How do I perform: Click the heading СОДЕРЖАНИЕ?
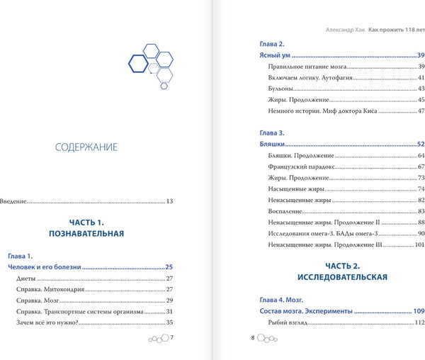coord(86,147)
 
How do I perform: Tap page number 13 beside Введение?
coord(169,201)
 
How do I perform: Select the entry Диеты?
coord(25,279)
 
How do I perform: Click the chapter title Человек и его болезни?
coord(45,267)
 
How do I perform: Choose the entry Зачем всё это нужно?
coord(47,322)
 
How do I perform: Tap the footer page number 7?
coord(171,338)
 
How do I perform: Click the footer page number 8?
coord(252,338)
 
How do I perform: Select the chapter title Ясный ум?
coord(274,55)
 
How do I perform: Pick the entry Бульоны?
coord(280,89)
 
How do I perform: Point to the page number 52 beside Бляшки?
coord(420,144)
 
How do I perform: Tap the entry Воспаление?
coord(284,211)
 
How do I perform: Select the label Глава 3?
coord(272,133)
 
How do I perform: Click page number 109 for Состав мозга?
coord(418,311)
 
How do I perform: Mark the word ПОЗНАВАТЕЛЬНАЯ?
coord(86,233)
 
